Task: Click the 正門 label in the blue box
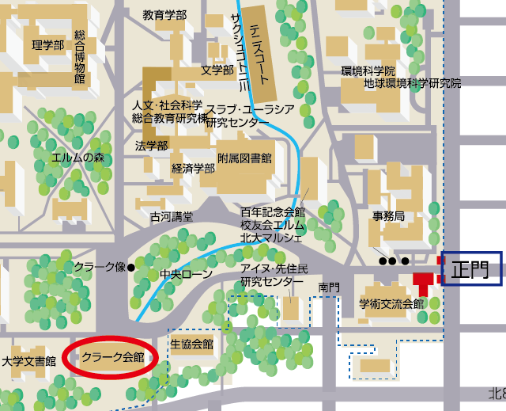click(x=471, y=269)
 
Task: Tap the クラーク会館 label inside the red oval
click(x=113, y=357)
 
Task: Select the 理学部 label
click(x=47, y=45)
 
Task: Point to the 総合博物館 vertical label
click(x=79, y=56)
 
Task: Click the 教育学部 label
click(x=164, y=15)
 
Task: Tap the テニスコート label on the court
click(x=256, y=48)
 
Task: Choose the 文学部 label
click(x=217, y=70)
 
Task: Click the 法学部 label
click(x=152, y=146)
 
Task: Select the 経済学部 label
click(x=194, y=168)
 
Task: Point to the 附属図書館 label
click(x=244, y=158)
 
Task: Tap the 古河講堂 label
click(x=172, y=216)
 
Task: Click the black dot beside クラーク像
click(x=131, y=267)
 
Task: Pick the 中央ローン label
click(x=187, y=275)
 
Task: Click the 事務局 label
click(x=388, y=216)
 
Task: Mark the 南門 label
click(x=329, y=286)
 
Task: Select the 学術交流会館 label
click(x=391, y=303)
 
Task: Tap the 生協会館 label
click(x=192, y=344)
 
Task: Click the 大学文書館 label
click(x=28, y=361)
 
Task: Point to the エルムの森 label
click(x=78, y=157)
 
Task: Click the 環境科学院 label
click(x=368, y=70)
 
